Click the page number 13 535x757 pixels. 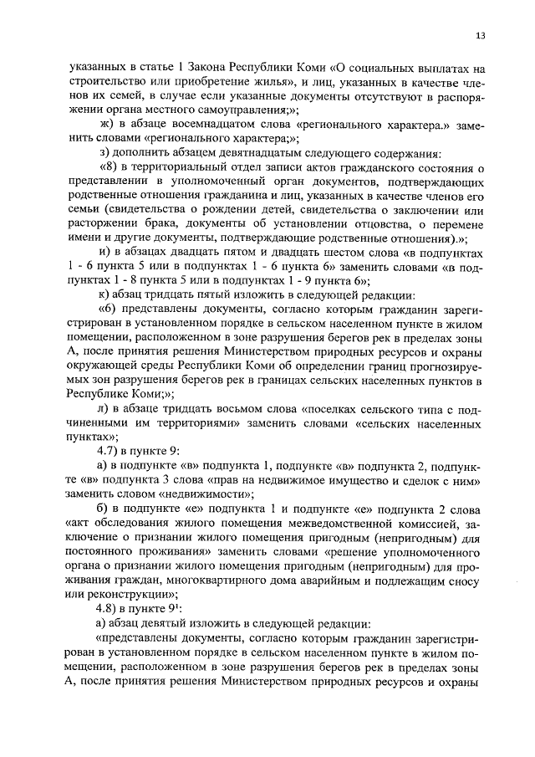(x=481, y=35)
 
